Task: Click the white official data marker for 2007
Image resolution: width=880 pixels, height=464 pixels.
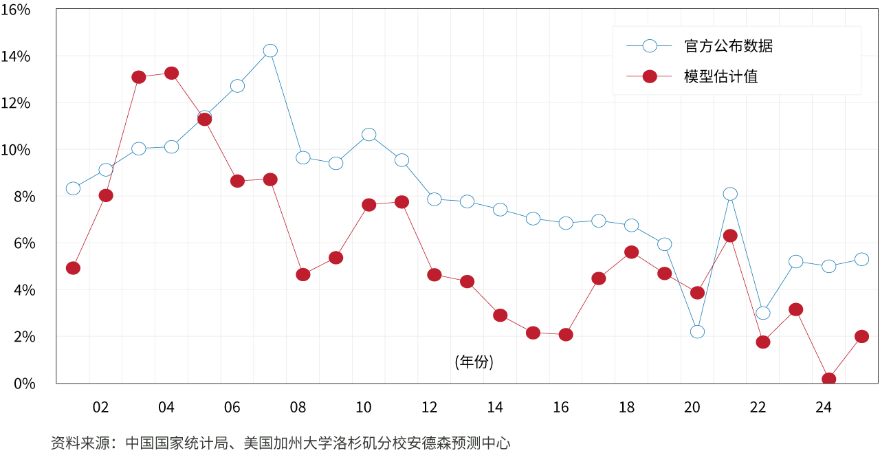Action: coord(270,50)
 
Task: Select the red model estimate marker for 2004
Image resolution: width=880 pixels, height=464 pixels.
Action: coord(172,73)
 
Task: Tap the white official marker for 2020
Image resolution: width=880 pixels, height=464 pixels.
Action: coord(697,331)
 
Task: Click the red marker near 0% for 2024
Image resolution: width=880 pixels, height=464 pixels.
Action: coord(828,379)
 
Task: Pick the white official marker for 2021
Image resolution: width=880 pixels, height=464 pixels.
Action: coord(730,194)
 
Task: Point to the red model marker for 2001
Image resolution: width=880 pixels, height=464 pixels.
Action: coord(73,268)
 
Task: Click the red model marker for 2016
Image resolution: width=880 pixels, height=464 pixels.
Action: coord(566,335)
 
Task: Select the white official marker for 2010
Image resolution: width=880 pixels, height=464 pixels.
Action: coord(368,134)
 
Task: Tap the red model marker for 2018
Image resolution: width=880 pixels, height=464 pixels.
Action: coord(632,252)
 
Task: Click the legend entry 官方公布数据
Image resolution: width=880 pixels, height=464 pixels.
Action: coord(728,46)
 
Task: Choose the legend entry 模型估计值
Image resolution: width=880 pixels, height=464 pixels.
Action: coord(720,76)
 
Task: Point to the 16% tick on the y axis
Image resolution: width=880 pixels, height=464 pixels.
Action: coord(15,10)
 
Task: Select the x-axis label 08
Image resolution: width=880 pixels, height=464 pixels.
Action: coord(298,408)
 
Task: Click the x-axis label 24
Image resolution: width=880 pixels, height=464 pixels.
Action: coord(824,408)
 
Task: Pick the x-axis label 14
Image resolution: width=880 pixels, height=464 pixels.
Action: coord(495,408)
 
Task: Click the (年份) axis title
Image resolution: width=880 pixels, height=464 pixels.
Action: coord(474,362)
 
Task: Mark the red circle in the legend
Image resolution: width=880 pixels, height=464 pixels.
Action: coord(650,76)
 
